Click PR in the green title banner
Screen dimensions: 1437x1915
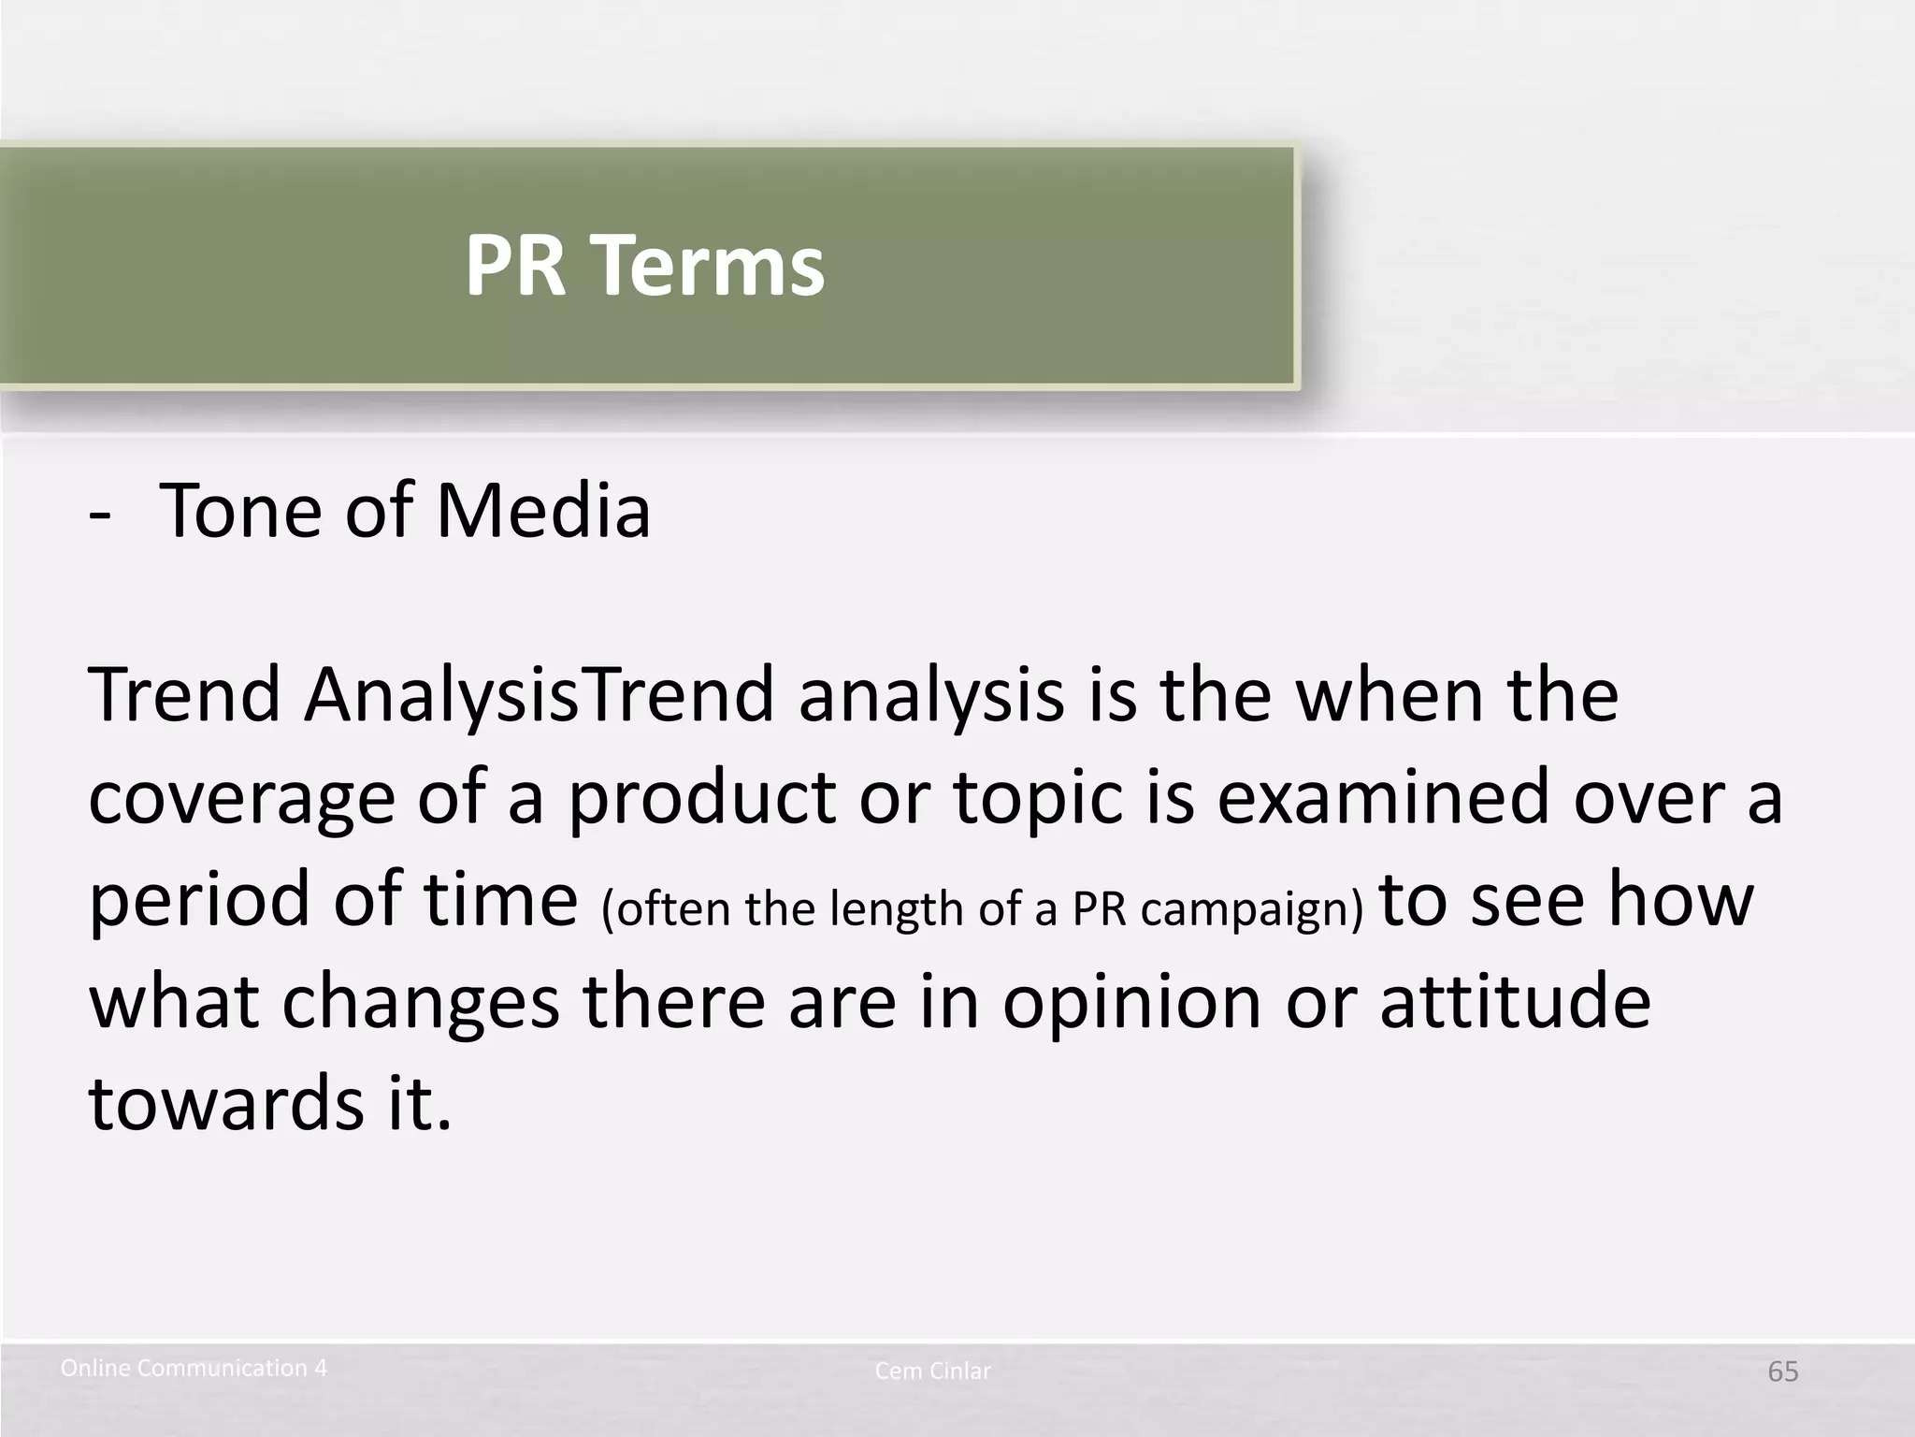[515, 266]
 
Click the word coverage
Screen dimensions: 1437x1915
[241, 799]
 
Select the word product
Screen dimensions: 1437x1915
[701, 799]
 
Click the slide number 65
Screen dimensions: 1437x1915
[1782, 1372]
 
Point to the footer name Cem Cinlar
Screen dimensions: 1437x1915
[932, 1372]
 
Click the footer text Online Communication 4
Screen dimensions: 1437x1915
[194, 1368]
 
